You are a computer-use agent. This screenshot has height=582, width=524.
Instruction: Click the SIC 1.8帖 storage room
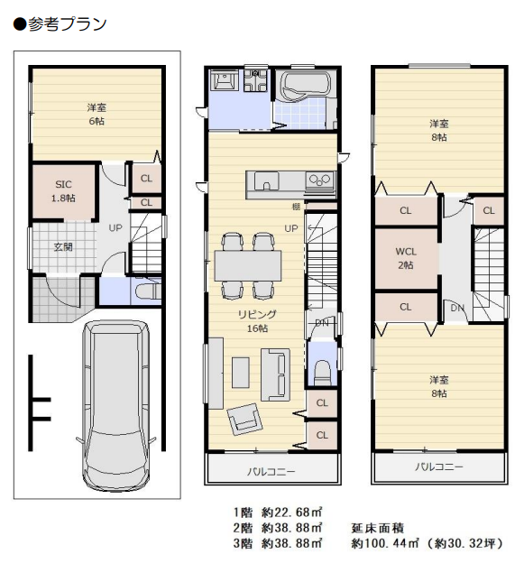[63, 191]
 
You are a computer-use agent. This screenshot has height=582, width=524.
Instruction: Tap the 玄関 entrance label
[63, 247]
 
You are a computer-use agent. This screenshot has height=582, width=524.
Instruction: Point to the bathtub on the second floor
[306, 85]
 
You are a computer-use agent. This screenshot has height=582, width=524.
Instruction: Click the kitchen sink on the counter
[266, 181]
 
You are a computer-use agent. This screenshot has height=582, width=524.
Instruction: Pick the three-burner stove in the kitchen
[320, 181]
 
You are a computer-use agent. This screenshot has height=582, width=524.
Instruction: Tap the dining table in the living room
[247, 266]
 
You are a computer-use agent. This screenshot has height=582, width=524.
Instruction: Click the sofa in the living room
[275, 374]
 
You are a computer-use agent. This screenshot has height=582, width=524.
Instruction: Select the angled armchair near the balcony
[244, 419]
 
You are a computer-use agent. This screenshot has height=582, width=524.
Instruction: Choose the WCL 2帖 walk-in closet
[406, 259]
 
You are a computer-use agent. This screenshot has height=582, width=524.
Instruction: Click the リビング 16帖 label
[258, 321]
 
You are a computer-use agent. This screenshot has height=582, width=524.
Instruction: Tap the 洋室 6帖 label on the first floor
[97, 115]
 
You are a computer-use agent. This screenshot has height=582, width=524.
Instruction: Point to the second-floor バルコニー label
[271, 471]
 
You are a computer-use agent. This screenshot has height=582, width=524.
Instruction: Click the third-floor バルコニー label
[439, 467]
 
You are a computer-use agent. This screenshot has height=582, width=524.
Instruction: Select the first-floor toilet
[148, 291]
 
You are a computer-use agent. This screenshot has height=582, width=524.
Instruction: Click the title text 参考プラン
[67, 24]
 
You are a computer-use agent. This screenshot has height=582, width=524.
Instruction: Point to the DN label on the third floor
[457, 308]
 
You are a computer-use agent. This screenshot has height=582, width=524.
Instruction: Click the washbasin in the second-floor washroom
[224, 79]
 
